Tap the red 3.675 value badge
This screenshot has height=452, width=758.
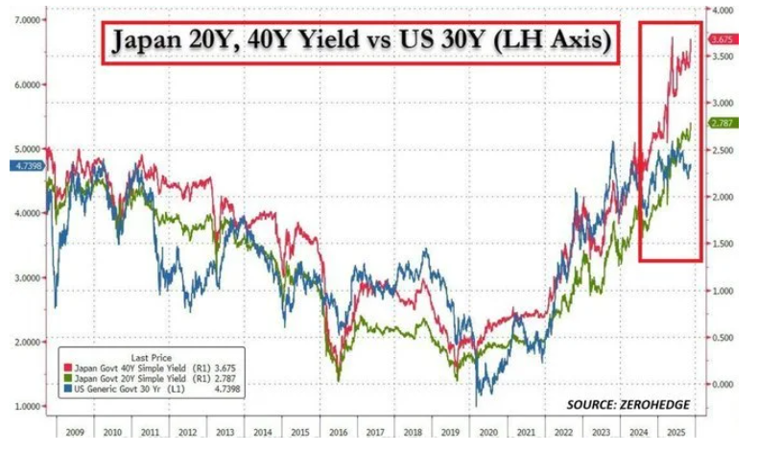pyautogui.click(x=722, y=39)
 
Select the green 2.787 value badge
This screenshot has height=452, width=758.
pyautogui.click(x=722, y=124)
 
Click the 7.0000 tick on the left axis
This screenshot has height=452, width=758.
pyautogui.click(x=25, y=19)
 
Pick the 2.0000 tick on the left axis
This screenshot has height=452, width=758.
pyautogui.click(x=25, y=342)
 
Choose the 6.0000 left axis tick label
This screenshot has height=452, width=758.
pyautogui.click(x=25, y=84)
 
